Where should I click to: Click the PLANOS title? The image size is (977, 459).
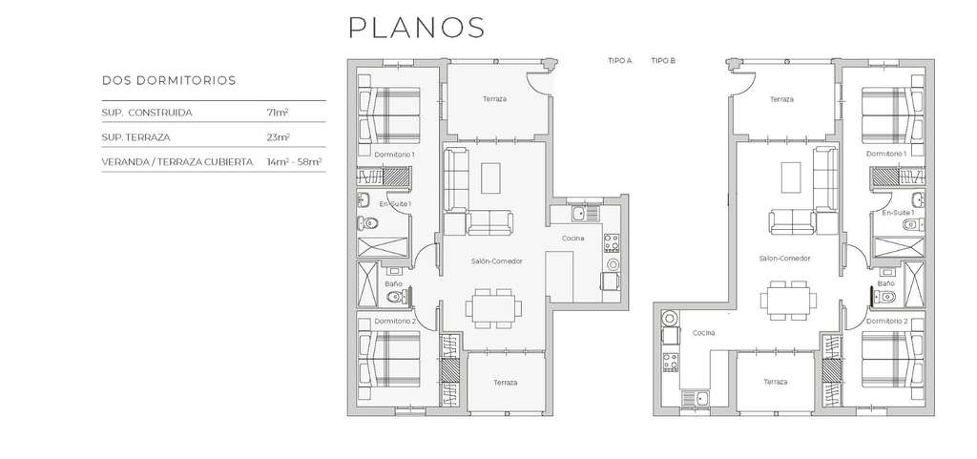(x=416, y=28)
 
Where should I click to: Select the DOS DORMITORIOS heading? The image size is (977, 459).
(x=169, y=80)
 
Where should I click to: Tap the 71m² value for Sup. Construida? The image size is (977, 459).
(x=278, y=113)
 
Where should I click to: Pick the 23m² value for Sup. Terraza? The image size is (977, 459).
(x=278, y=137)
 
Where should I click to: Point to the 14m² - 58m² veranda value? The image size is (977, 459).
(x=294, y=161)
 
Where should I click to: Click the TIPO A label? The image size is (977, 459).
(x=620, y=61)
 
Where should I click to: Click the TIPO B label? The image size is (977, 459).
(x=664, y=61)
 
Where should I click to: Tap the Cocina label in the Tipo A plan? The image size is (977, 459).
(x=572, y=238)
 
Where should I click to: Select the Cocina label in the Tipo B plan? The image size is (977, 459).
(x=704, y=333)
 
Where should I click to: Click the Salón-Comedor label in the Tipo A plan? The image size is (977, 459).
(x=496, y=261)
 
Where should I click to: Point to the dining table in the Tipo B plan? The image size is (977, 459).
(x=788, y=301)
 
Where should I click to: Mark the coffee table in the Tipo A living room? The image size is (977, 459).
(x=491, y=178)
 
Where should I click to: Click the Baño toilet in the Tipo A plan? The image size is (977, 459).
(x=396, y=297)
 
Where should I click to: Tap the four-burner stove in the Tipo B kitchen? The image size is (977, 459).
(x=671, y=362)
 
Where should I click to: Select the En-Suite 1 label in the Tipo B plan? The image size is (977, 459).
(x=899, y=213)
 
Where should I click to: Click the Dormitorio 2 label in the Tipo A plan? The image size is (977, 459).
(x=395, y=322)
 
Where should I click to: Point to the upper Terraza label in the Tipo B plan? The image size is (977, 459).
(x=781, y=99)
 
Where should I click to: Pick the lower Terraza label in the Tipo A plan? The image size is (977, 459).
(x=506, y=383)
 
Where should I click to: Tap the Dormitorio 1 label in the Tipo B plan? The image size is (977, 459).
(x=886, y=154)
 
